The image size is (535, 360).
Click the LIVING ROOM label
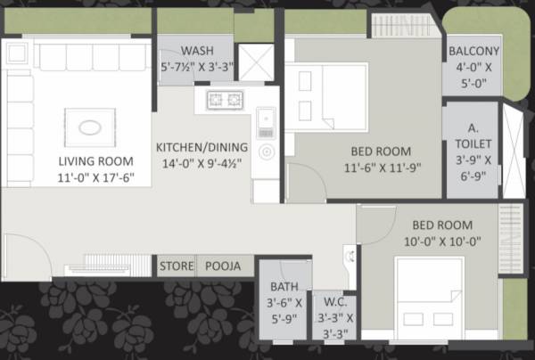(x=96, y=161)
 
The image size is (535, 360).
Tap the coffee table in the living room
(x=90, y=127)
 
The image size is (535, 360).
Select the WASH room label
(x=196, y=50)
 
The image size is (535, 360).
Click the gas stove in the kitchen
(x=226, y=99)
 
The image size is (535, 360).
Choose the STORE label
(x=176, y=266)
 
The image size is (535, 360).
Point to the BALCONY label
(x=474, y=51)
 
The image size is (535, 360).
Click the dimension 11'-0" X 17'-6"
(x=96, y=176)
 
